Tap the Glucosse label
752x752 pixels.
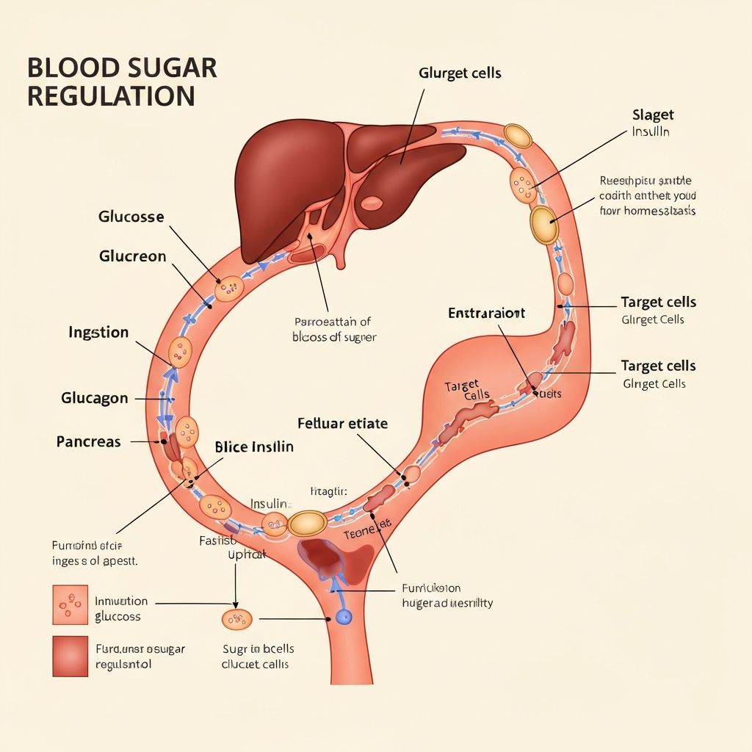pos(131,217)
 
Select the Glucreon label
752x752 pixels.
pos(133,257)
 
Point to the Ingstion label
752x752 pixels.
pos(98,333)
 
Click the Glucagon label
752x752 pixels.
pos(95,398)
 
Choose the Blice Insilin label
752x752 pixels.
pos(254,446)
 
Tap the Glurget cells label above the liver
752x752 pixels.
pos(460,73)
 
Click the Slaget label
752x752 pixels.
pos(653,115)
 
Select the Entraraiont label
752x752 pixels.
pos(487,314)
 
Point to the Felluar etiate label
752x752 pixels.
pos(343,424)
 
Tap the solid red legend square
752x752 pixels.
pos(70,655)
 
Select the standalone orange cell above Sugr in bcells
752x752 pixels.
pos(237,619)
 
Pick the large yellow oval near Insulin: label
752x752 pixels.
pos(307,523)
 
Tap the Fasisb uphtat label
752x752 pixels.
pos(225,547)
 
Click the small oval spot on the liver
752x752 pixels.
pos(372,203)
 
